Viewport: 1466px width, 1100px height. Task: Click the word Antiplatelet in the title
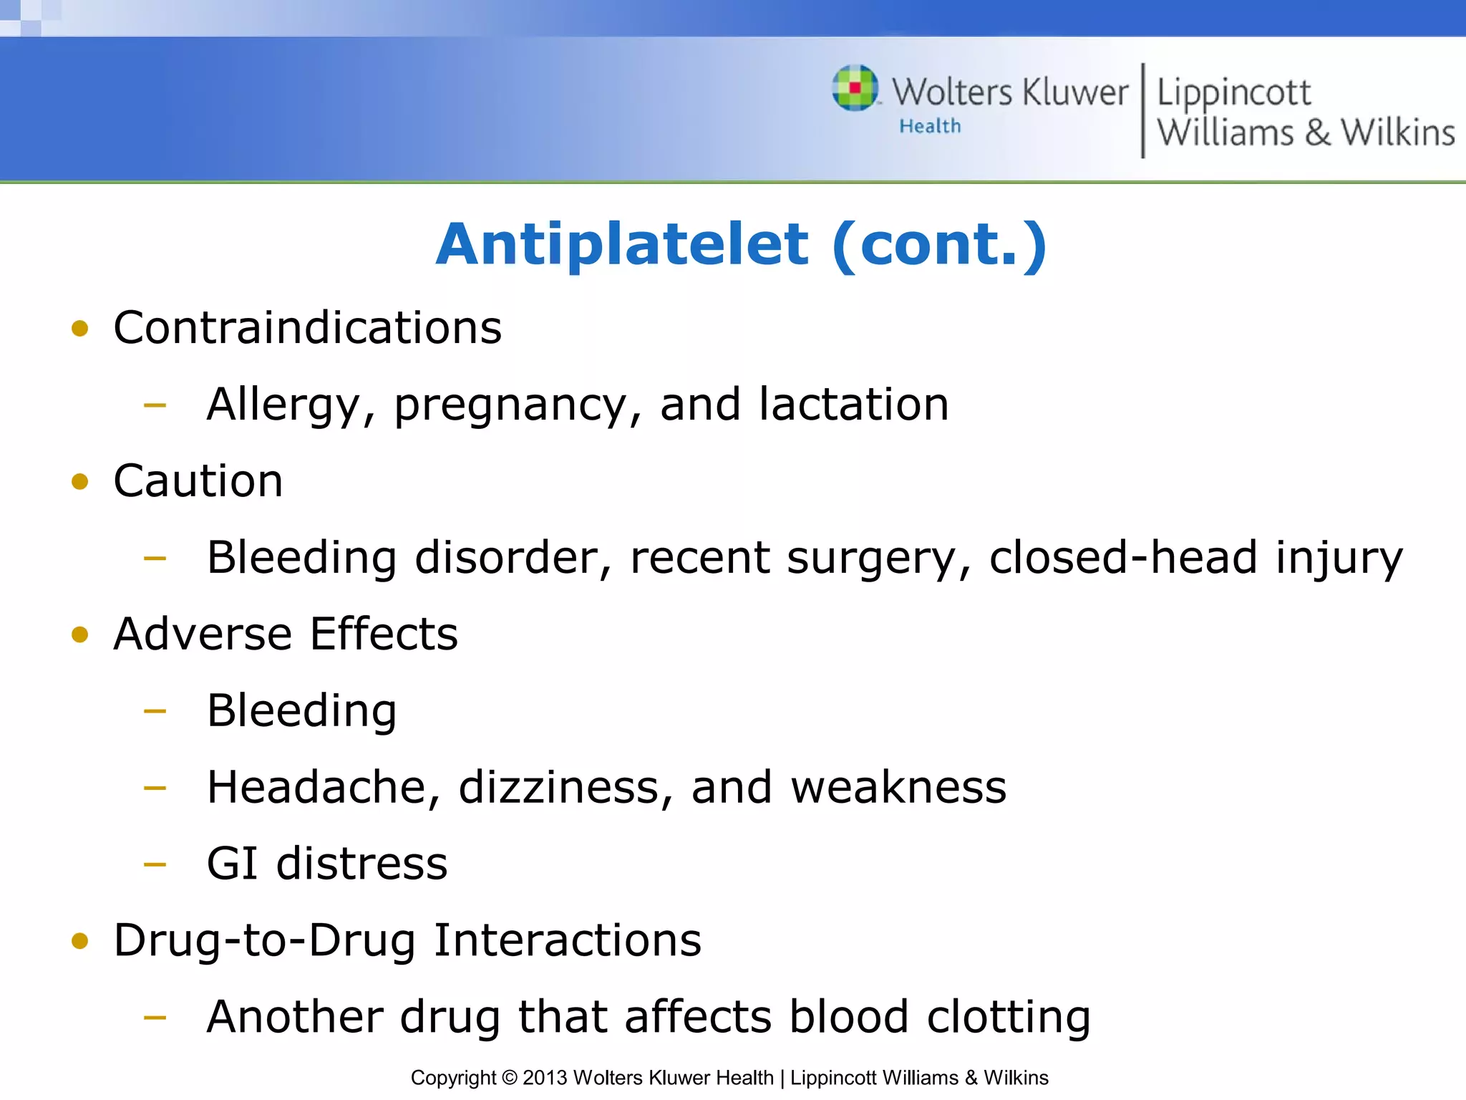[623, 245]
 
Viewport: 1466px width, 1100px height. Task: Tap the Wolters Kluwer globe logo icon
[855, 88]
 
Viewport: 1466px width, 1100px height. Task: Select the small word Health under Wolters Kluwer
[930, 127]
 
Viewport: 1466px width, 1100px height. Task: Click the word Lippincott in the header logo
[1234, 93]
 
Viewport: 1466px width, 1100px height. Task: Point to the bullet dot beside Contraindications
[80, 329]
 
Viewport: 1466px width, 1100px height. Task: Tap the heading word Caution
[198, 481]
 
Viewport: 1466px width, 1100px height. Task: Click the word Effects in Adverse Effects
[384, 634]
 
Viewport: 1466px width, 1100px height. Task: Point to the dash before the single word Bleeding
[155, 711]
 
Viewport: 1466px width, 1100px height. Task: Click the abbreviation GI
[232, 864]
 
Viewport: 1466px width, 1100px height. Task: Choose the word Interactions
[568, 940]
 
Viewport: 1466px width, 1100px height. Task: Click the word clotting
[1009, 1017]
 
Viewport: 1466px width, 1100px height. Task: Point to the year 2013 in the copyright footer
[545, 1078]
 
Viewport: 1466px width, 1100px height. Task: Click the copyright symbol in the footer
[509, 1078]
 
